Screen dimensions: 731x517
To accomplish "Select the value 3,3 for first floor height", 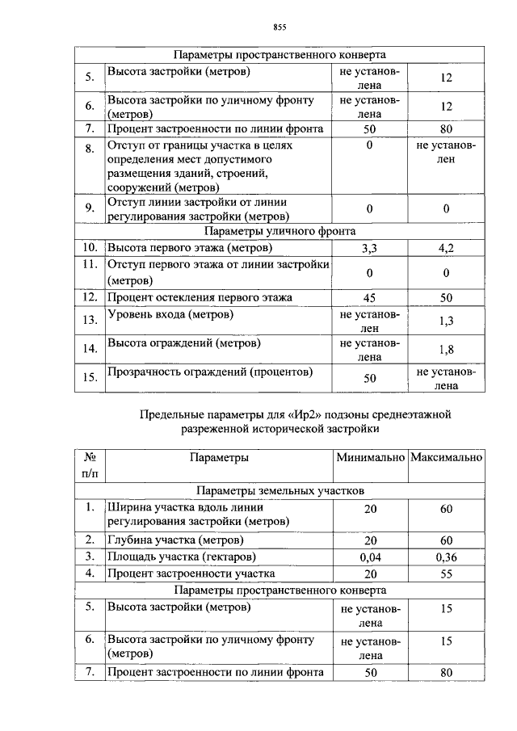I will click(x=368, y=248).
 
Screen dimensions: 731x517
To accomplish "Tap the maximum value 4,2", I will click(x=446, y=248).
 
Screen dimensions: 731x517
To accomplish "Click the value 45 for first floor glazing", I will click(x=368, y=298).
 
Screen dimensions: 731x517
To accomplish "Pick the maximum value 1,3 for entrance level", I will click(x=446, y=321).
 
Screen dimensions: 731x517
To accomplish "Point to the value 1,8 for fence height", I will click(x=446, y=350).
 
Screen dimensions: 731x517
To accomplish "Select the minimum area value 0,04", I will click(x=368, y=557).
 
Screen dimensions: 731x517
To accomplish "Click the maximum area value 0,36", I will click(x=446, y=557).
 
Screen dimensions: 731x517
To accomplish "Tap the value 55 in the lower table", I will click(x=446, y=574).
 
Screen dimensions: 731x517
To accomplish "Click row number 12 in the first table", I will click(x=90, y=298).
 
